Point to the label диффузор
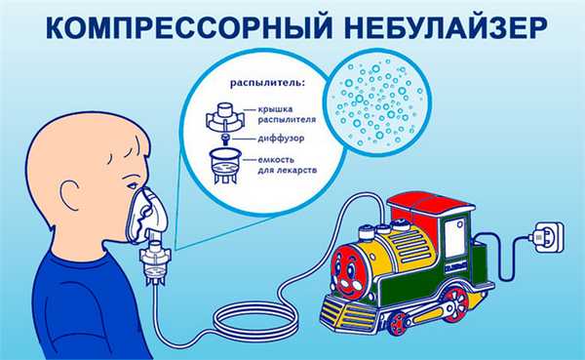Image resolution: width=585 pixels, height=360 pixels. pyautogui.click(x=276, y=140)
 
